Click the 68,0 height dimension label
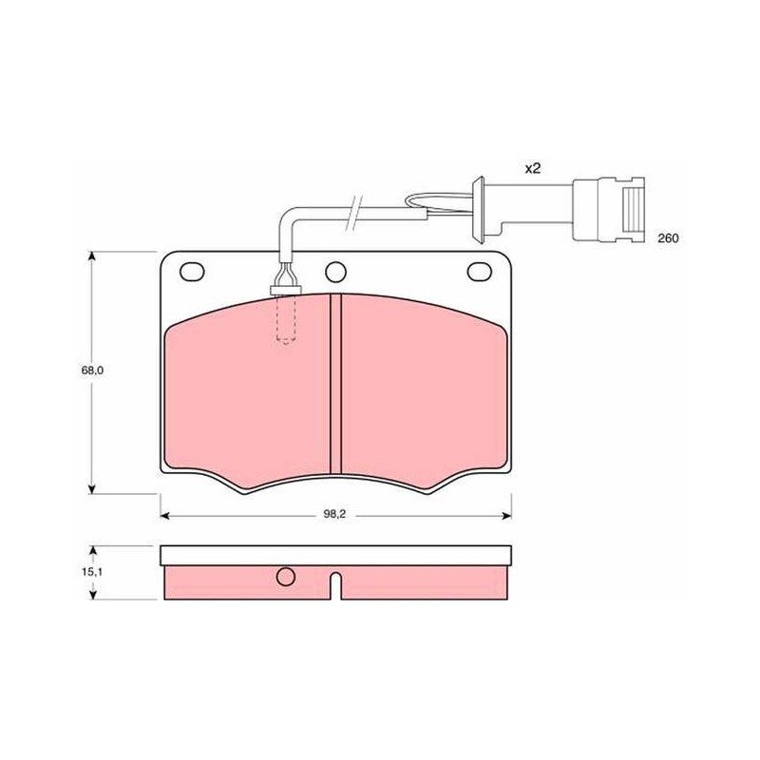[92, 370]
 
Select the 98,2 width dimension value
[334, 515]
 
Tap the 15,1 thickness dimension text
[92, 572]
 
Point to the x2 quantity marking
[533, 169]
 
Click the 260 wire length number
[669, 238]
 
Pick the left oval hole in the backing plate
[192, 272]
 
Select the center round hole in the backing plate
[335, 272]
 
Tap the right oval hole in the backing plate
[480, 272]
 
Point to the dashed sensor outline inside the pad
[286, 320]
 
